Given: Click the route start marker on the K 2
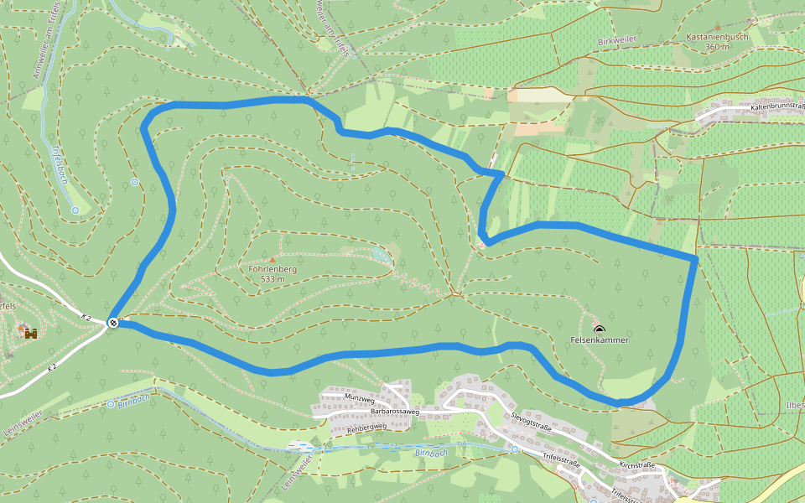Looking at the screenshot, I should pyautogui.click(x=113, y=323).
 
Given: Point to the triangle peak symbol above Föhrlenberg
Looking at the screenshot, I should pyautogui.click(x=273, y=258).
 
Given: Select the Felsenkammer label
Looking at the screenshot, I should pyautogui.click(x=599, y=340).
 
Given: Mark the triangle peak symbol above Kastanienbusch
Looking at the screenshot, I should pyautogui.click(x=751, y=20).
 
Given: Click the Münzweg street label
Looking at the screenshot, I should pyautogui.click(x=358, y=397).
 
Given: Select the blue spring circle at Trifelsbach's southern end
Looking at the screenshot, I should pyautogui.click(x=75, y=210).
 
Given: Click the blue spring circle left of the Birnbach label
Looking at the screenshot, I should pyautogui.click(x=111, y=404).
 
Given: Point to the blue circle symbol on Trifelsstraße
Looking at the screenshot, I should pyautogui.click(x=515, y=449).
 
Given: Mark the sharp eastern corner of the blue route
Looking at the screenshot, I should pyautogui.click(x=695, y=257).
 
